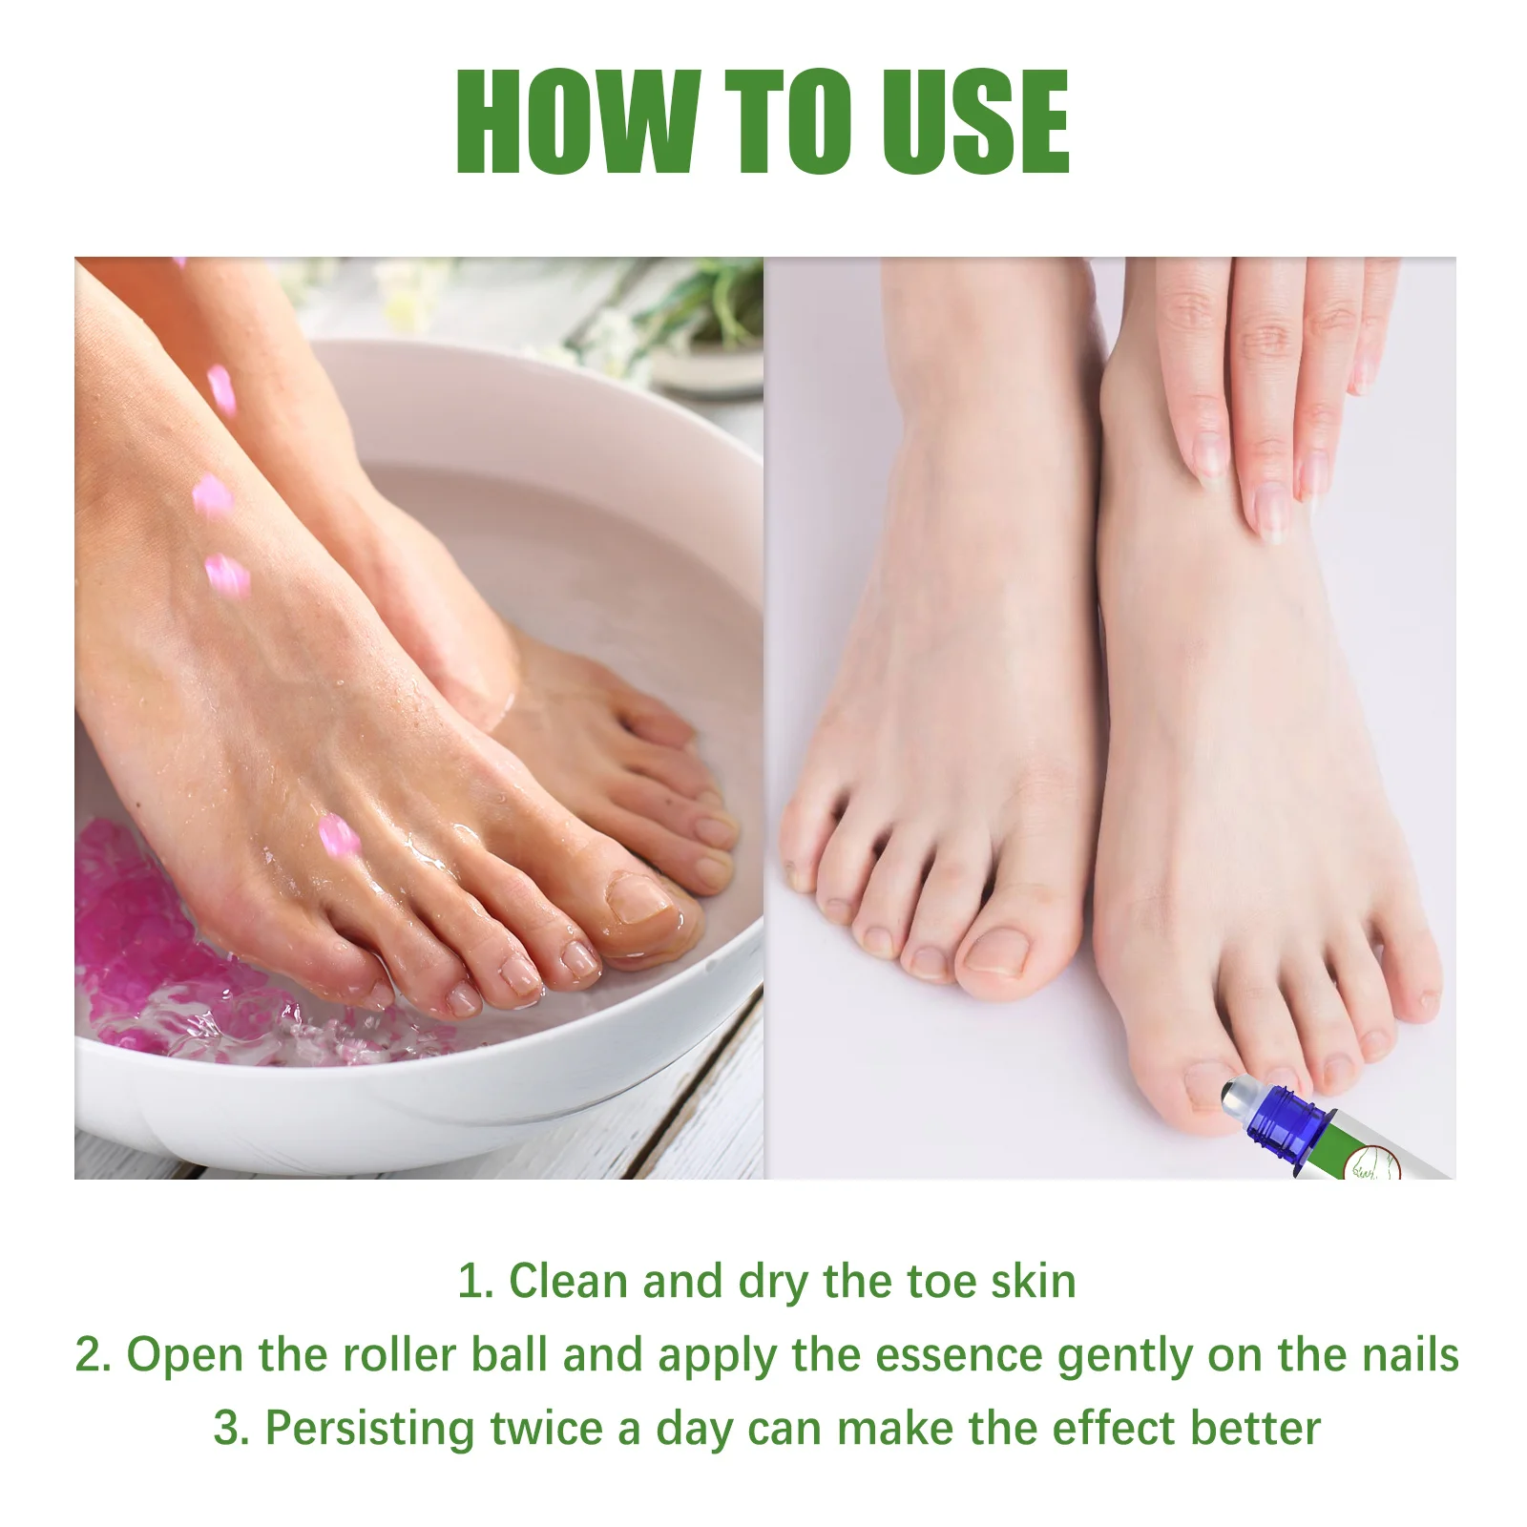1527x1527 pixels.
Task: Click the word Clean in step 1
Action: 569,1281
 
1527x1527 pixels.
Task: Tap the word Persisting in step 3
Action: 368,1429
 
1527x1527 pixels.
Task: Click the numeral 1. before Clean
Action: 474,1281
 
